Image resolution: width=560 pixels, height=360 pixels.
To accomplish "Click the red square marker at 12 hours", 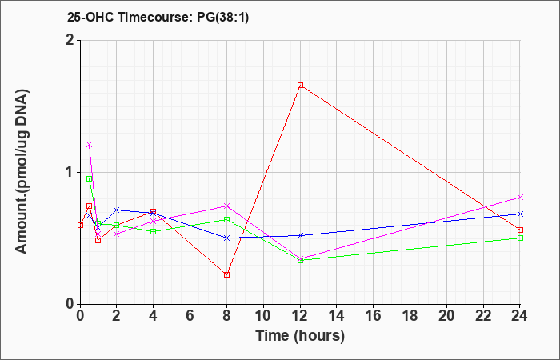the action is click(300, 86).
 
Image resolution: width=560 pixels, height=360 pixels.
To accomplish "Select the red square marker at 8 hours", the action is click(226, 274).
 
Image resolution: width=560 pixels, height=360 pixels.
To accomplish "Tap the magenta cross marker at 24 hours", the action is click(520, 197).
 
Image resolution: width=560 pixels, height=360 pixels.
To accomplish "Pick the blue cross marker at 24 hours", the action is click(520, 214).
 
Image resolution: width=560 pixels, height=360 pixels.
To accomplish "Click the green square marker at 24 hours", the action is click(520, 238).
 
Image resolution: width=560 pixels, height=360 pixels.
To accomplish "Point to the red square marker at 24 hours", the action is click(520, 230).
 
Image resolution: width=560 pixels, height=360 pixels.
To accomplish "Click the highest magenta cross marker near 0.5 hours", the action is click(90, 145).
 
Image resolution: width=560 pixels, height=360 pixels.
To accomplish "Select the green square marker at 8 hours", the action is click(226, 220).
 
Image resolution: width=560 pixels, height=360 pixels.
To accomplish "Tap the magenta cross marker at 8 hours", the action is click(226, 206).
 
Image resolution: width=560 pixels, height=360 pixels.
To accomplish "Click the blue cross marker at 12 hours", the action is click(300, 235).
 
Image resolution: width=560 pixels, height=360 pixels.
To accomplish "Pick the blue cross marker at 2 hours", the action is click(117, 210).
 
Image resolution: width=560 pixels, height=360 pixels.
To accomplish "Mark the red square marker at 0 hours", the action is click(80, 225).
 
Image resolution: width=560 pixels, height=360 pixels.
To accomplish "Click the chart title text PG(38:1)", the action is click(223, 17).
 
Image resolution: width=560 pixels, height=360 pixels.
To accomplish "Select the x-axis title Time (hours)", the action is click(300, 336).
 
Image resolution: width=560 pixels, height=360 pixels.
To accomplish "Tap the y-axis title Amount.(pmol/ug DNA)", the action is click(22, 172).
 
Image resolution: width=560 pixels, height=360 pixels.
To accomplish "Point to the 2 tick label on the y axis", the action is click(70, 40).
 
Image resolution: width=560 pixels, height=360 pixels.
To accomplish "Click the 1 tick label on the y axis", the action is click(70, 173).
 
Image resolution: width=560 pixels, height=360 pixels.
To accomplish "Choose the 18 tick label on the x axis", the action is click(410, 316).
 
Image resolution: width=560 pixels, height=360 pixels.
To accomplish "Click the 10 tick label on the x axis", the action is click(263, 316).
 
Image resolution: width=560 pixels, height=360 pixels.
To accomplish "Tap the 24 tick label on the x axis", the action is click(520, 316).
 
